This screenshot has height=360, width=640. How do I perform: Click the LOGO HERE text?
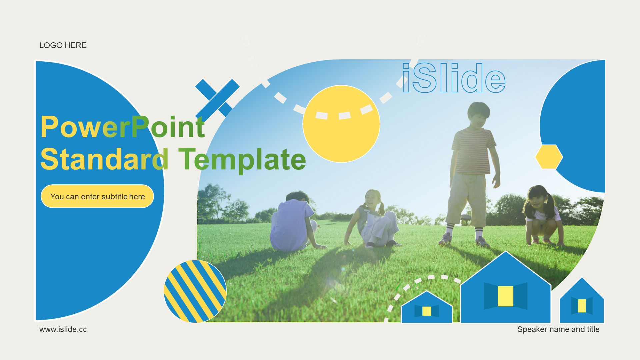pyautogui.click(x=63, y=45)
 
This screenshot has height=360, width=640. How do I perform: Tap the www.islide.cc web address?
pyautogui.click(x=63, y=329)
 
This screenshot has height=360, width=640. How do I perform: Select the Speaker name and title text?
pyautogui.click(x=558, y=329)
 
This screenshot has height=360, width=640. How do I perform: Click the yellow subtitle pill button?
pyautogui.click(x=97, y=196)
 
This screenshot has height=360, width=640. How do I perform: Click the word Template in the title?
pyautogui.click(x=242, y=159)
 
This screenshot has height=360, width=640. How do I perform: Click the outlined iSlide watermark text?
pyautogui.click(x=454, y=78)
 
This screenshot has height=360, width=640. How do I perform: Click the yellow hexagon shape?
pyautogui.click(x=549, y=157)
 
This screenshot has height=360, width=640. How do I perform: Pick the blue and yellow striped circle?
pyautogui.click(x=195, y=291)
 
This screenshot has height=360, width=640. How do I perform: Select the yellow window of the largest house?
pyautogui.click(x=505, y=296)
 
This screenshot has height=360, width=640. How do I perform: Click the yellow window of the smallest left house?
pyautogui.click(x=427, y=311)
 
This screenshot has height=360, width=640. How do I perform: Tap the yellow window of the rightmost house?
pyautogui.click(x=582, y=306)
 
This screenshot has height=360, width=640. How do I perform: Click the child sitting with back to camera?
pyautogui.click(x=293, y=222)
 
